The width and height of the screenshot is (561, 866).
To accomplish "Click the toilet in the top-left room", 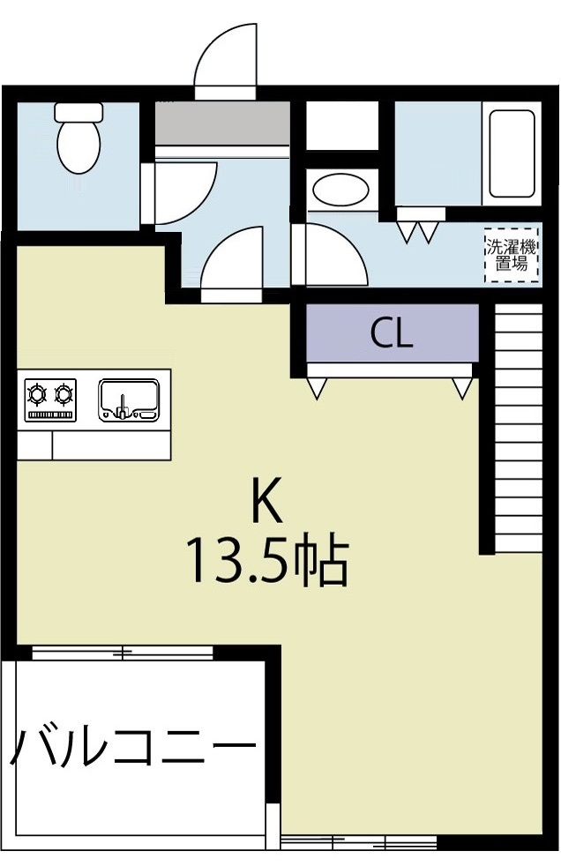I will click(79, 140).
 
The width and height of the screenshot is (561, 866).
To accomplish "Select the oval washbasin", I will click(341, 190).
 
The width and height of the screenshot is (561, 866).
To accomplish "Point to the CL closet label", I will click(392, 333).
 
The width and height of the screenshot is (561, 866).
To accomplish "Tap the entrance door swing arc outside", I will click(226, 58).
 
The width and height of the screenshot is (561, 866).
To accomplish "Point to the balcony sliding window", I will click(123, 653).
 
